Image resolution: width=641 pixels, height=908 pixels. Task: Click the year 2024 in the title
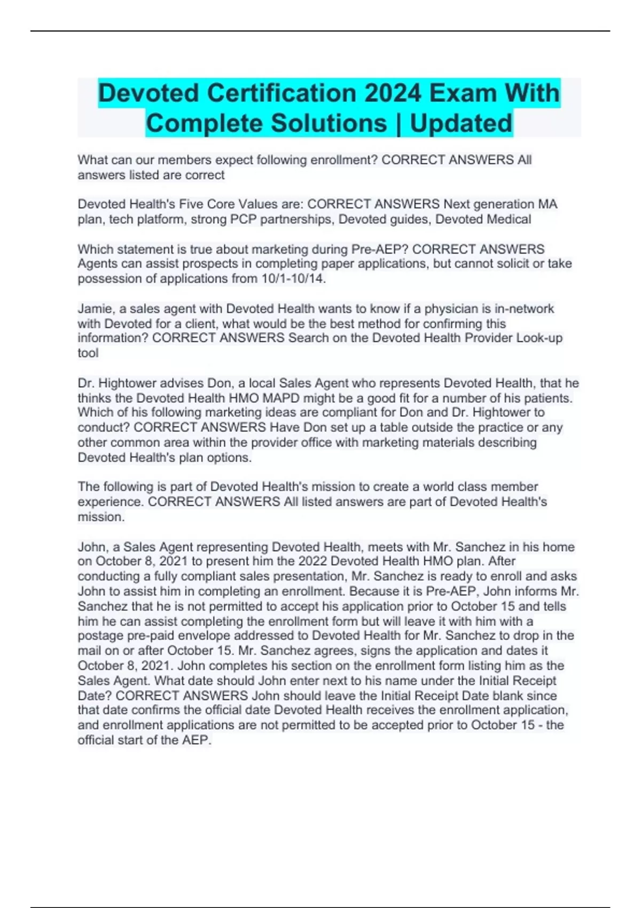pyautogui.click(x=393, y=93)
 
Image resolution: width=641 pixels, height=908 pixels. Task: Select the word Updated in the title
pyautogui.click(x=461, y=123)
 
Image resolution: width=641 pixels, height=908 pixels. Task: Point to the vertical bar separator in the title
pyautogui.click(x=398, y=123)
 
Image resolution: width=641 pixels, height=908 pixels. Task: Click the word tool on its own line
pyautogui.click(x=88, y=353)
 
